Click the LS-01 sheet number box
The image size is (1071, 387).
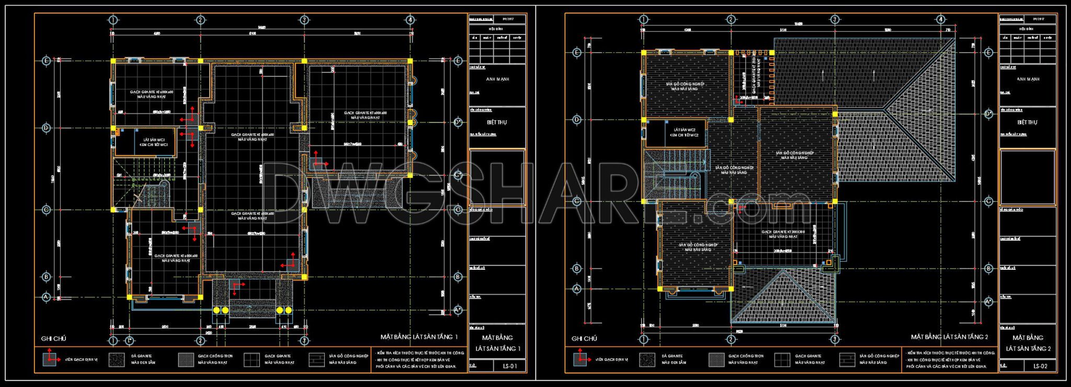tap(509, 366)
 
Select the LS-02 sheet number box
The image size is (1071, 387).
tap(1040, 366)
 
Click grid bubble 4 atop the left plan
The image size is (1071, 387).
tap(411, 20)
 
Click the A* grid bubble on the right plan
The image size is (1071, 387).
tap(988, 302)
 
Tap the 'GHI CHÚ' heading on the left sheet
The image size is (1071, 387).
tap(53, 338)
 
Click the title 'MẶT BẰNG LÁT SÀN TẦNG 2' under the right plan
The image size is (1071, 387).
tap(949, 337)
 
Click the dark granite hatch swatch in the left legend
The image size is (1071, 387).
tap(117, 359)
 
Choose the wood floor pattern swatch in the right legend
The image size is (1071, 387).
tap(847, 359)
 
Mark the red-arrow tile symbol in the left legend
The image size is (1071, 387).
tap(50, 359)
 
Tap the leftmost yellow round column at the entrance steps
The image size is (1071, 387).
tap(217, 310)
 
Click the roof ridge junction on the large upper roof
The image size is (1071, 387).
tap(883, 109)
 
